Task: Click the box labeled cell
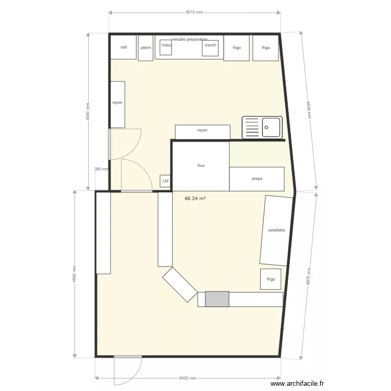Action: coord(123,47)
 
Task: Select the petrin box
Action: coord(146,47)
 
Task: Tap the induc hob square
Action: coord(166,46)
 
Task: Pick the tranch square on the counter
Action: coord(210,46)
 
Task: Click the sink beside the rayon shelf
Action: coord(262,127)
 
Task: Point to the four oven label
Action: coord(201,165)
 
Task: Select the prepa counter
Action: coord(256,179)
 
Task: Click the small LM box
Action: coord(166,181)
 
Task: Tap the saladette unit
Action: coord(275,230)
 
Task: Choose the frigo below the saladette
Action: coord(271,279)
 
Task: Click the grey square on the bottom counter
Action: coord(217,299)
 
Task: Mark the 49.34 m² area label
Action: coord(196,199)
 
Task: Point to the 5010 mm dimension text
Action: coord(194,11)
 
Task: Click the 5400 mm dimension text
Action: coord(187,378)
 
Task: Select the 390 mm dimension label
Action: coord(101,169)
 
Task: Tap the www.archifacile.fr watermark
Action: coord(317,384)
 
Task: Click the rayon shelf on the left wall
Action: coord(117,104)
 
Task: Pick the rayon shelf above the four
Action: coord(202,132)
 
